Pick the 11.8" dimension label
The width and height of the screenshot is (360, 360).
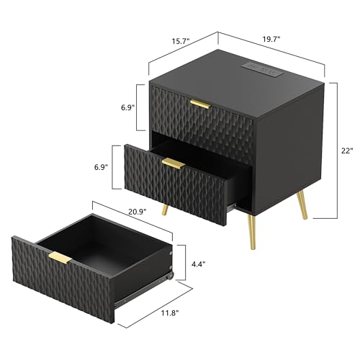[171, 313]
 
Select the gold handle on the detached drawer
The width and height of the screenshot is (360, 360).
[60, 258]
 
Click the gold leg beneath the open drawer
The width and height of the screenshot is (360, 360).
[167, 208]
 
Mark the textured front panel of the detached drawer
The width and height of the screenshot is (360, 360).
[65, 277]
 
